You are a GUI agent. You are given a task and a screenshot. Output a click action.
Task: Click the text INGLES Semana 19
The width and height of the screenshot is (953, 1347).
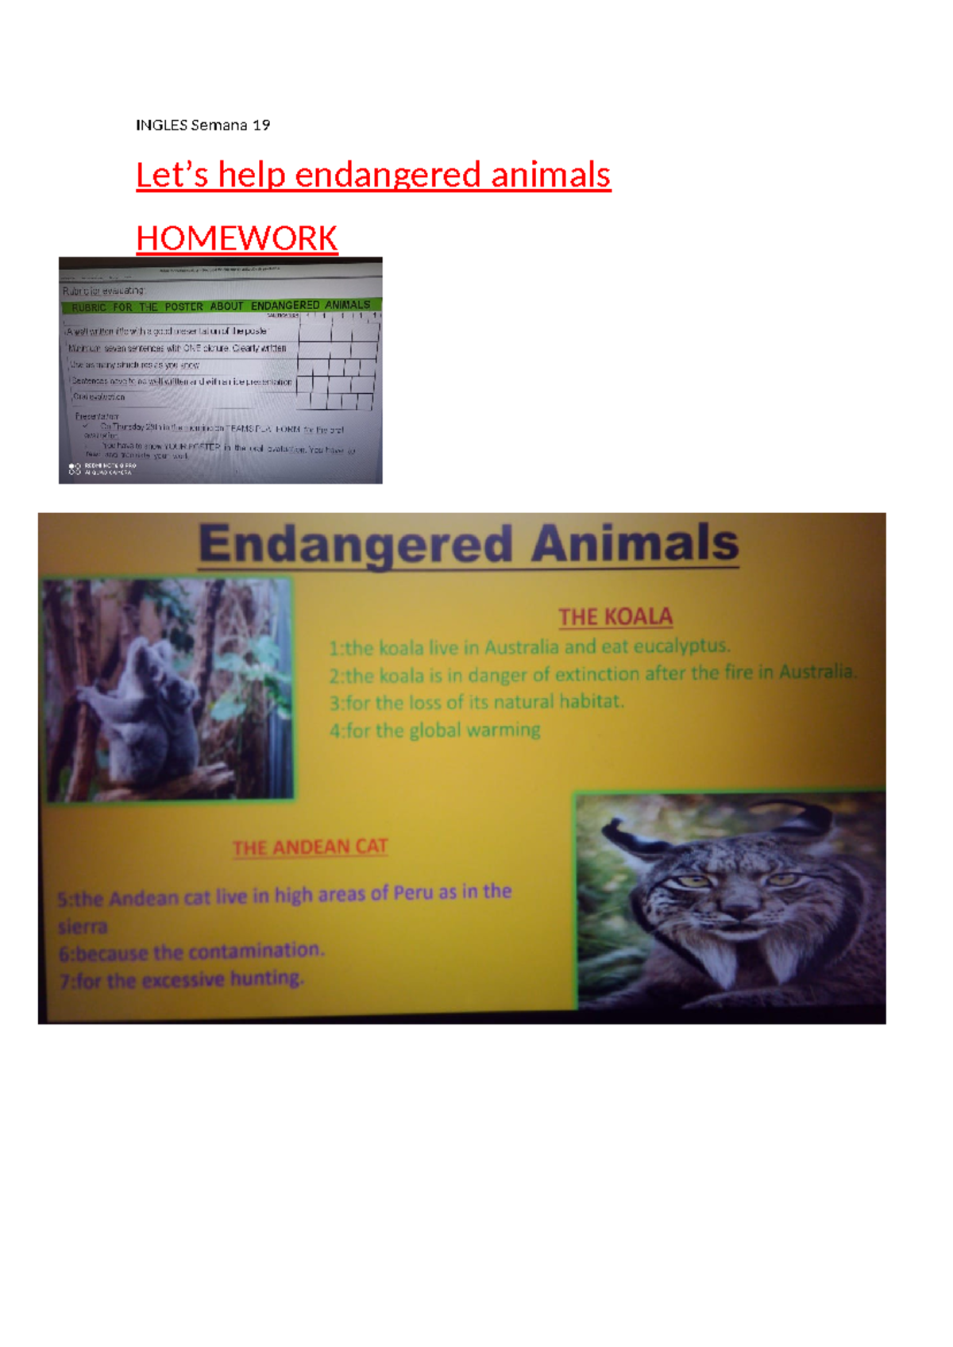tap(203, 125)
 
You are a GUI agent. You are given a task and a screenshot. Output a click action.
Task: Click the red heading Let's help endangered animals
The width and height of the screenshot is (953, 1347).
tap(373, 175)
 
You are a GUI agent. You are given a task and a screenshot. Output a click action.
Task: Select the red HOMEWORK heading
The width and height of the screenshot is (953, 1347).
tap(237, 238)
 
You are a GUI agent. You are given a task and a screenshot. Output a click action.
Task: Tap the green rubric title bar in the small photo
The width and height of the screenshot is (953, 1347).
tap(221, 306)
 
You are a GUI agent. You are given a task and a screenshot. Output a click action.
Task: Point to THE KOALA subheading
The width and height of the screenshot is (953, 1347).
tap(615, 617)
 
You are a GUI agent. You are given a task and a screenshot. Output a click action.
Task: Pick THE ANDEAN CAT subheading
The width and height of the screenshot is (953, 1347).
tap(310, 847)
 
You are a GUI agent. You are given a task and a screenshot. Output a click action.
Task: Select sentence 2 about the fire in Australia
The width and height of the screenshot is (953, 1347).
tap(592, 674)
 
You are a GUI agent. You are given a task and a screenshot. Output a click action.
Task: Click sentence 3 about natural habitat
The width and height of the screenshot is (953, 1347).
tap(476, 702)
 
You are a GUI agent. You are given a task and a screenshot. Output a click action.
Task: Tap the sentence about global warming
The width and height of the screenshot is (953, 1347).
tap(435, 730)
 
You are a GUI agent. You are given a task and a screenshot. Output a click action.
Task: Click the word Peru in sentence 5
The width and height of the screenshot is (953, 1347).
tap(413, 893)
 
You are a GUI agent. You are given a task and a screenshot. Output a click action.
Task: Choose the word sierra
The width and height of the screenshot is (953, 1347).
tap(83, 926)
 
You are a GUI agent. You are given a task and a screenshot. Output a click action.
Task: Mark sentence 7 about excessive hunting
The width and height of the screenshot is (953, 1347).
tap(182, 980)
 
